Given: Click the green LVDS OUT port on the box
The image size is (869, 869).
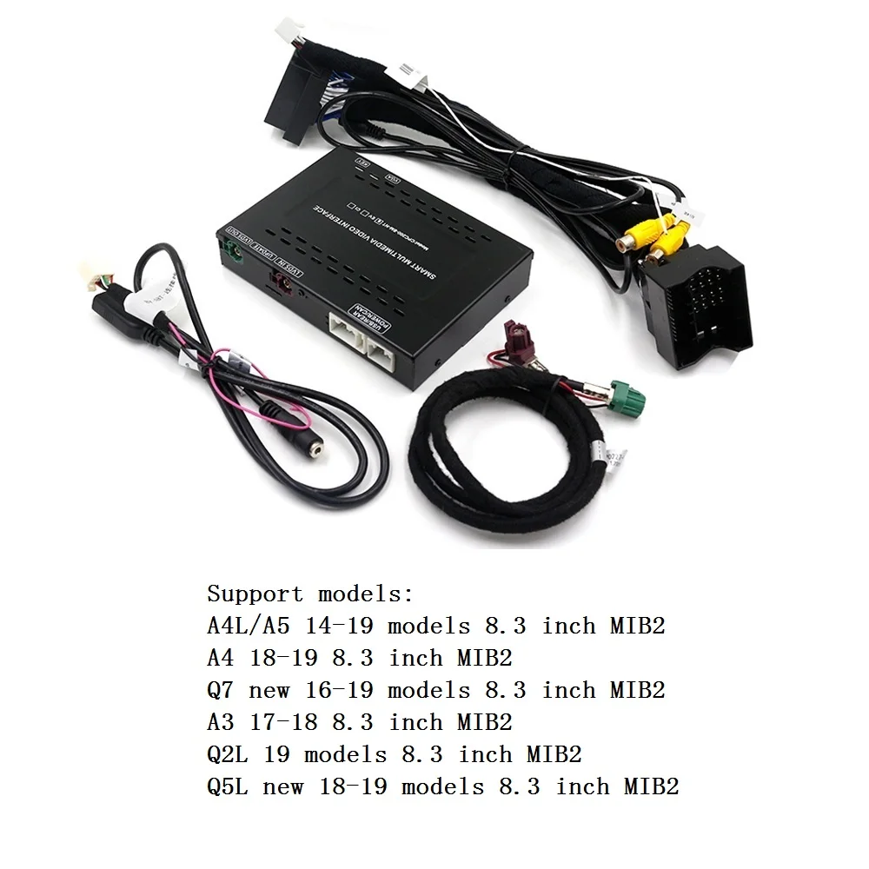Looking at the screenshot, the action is pos(233,255).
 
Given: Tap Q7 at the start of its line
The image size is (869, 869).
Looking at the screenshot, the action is pos(220,691).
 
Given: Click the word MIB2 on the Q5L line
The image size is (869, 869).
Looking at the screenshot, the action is pos(651,786).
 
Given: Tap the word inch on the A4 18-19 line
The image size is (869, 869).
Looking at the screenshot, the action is pos(416,659).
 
